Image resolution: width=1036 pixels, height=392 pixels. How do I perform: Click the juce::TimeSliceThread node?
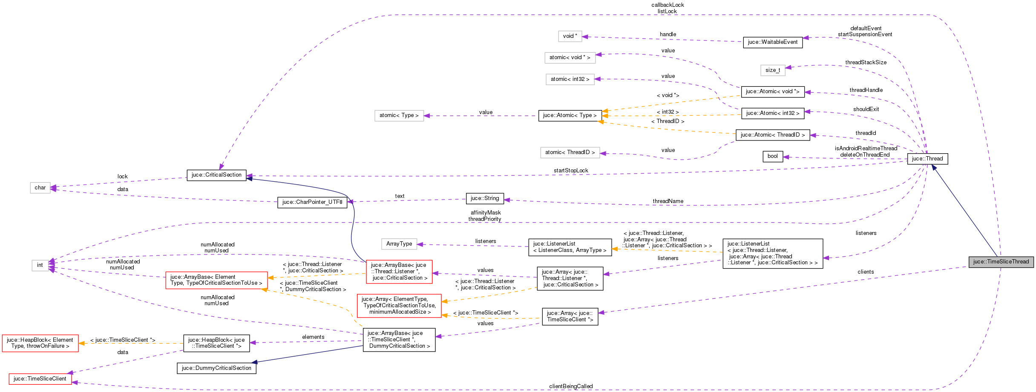tap(1001, 262)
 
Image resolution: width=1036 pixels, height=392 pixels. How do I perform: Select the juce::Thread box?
tap(927, 159)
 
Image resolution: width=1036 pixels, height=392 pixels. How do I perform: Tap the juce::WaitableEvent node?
tap(772, 42)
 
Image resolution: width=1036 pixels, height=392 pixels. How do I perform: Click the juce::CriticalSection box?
tap(216, 175)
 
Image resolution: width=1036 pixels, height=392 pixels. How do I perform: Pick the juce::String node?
tap(484, 198)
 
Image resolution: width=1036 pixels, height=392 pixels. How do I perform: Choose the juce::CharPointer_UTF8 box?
tap(312, 202)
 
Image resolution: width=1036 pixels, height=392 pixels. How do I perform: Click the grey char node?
tap(40, 188)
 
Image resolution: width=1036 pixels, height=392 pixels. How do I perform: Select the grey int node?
tap(40, 265)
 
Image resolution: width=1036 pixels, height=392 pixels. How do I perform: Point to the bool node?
tap(772, 156)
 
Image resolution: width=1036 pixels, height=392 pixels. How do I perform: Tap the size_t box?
tap(772, 70)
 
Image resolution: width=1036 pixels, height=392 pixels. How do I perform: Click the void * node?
tap(570, 36)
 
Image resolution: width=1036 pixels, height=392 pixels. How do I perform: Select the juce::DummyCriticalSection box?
tap(216, 368)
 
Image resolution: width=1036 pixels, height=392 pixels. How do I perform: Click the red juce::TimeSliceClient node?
tap(40, 379)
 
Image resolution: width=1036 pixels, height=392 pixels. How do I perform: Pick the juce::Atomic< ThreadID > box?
tap(772, 135)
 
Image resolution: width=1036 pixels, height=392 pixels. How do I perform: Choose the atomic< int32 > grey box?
tap(570, 79)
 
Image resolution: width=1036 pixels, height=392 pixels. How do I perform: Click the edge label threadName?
tap(668, 201)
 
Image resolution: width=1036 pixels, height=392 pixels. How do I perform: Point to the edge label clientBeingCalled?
tap(570, 386)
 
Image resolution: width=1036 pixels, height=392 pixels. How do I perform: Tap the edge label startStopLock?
tap(570, 171)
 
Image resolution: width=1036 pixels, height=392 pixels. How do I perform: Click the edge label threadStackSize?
tap(866, 63)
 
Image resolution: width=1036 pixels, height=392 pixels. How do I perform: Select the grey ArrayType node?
tap(399, 244)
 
